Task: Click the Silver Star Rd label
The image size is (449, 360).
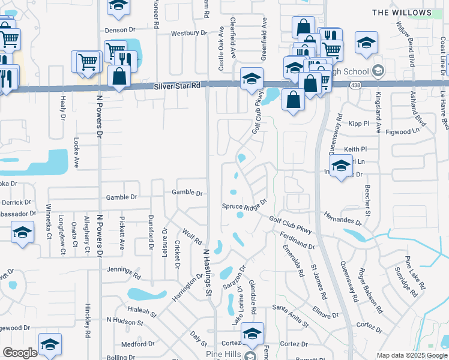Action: (176, 86)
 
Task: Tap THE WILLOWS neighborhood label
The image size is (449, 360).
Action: (410, 13)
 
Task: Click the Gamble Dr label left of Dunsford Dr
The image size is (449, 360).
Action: (122, 197)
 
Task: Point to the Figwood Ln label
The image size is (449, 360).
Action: (403, 131)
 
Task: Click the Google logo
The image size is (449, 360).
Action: (20, 352)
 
